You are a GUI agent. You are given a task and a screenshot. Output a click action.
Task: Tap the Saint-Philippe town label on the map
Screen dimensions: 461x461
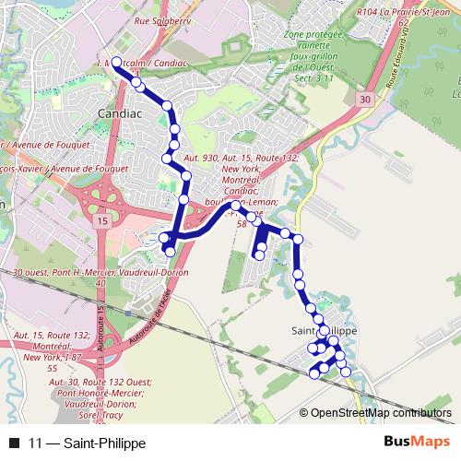pyautogui.click(x=324, y=330)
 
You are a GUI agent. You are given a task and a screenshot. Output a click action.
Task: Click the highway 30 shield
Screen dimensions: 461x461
pyautogui.click(x=366, y=99)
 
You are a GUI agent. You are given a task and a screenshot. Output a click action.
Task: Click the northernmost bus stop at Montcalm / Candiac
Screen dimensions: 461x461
pyautogui.click(x=116, y=62)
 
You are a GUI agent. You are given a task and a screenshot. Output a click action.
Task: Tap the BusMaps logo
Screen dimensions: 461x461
pyautogui.click(x=415, y=443)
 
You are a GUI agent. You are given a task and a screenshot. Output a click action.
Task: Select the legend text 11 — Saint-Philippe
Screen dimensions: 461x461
pyautogui.click(x=88, y=443)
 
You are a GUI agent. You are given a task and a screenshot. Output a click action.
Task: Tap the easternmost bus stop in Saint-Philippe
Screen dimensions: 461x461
pyautogui.click(x=347, y=372)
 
